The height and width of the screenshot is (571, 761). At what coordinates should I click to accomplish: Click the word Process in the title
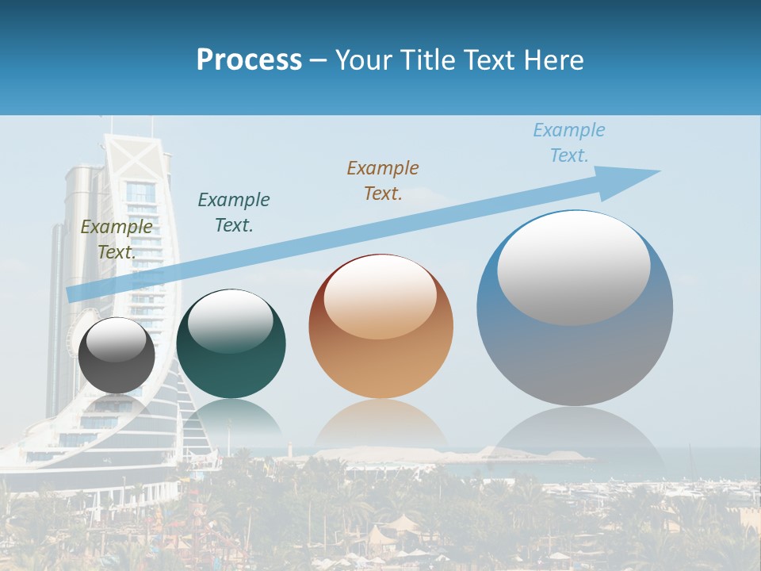pyautogui.click(x=249, y=60)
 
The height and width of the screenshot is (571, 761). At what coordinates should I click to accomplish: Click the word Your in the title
pyautogui.click(x=365, y=60)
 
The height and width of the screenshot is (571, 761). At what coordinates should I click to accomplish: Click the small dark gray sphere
pyautogui.click(x=117, y=355)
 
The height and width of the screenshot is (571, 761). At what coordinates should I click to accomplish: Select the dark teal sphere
pyautogui.click(x=231, y=344)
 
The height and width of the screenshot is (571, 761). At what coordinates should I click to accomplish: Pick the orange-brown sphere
pyautogui.click(x=380, y=326)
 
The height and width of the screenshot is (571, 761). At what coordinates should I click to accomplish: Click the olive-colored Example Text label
pyautogui.click(x=117, y=239)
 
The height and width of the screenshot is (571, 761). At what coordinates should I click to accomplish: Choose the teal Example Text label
pyautogui.click(x=234, y=212)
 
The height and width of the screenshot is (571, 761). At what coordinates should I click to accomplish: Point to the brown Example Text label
pyautogui.click(x=383, y=180)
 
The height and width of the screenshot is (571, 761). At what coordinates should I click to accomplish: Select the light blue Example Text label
pyautogui.click(x=569, y=142)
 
